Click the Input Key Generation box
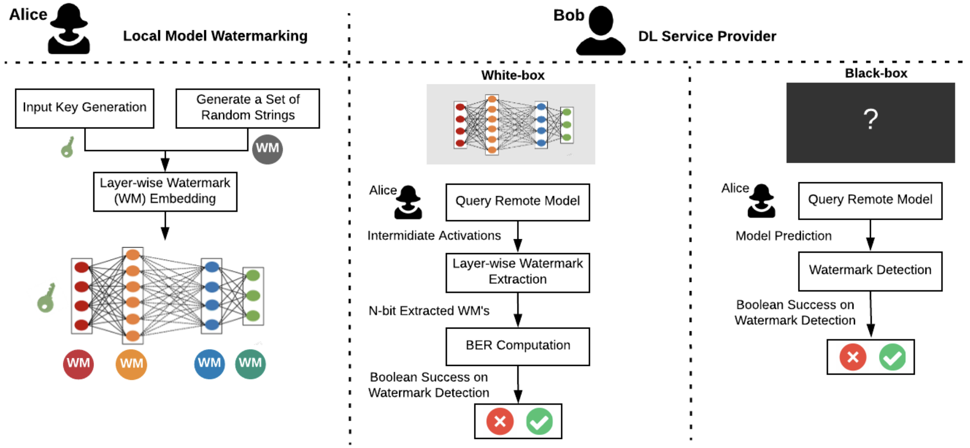click(84, 108)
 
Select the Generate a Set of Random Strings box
click(247, 108)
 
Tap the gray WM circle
click(267, 149)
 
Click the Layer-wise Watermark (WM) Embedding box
click(165, 191)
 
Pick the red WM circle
click(78, 364)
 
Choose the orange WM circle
click(131, 364)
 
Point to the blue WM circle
click(209, 364)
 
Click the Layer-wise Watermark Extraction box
click(518, 272)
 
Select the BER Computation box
click(518, 346)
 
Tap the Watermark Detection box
click(870, 271)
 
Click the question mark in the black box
click(870, 120)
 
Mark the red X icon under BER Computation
click(500, 421)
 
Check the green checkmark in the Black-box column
click(892, 357)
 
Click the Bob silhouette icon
click(600, 31)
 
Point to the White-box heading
click(513, 75)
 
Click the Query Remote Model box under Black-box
click(870, 200)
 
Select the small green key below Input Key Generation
click(68, 147)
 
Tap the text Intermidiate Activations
click(434, 236)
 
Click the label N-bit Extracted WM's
click(429, 311)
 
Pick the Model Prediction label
click(784, 236)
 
